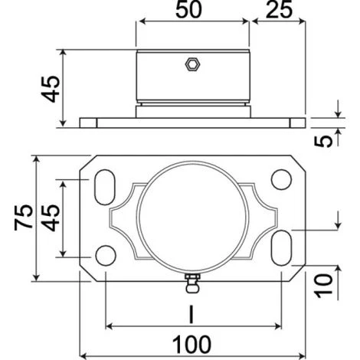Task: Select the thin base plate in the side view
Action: click(191, 122)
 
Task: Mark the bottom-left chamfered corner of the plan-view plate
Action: click(89, 271)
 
